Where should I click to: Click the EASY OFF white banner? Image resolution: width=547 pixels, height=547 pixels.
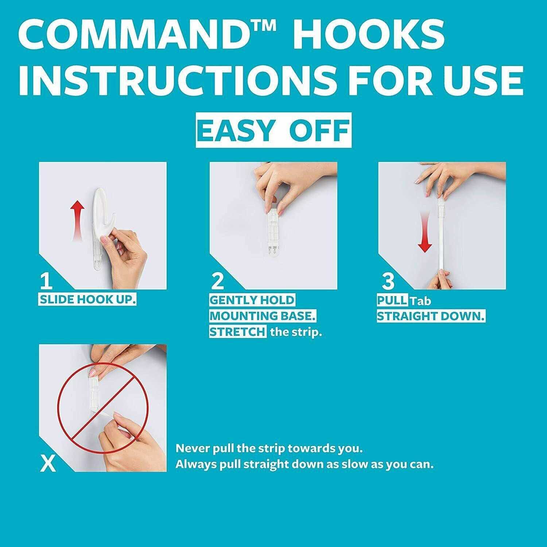pyautogui.click(x=273, y=130)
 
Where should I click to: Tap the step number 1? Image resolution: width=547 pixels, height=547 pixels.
pyautogui.click(x=46, y=281)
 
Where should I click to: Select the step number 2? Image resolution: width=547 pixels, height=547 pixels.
pyautogui.click(x=218, y=281)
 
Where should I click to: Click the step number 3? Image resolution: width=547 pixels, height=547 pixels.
pyautogui.click(x=388, y=281)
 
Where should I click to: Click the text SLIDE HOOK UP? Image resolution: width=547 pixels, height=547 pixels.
pyautogui.click(x=88, y=300)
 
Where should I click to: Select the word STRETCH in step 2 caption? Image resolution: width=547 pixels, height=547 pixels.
pyautogui.click(x=237, y=332)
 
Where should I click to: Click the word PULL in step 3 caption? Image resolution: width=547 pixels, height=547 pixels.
pyautogui.click(x=392, y=300)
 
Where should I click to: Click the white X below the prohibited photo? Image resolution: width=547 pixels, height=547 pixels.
pyautogui.click(x=48, y=465)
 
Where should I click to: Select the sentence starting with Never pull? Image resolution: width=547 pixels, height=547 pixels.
pyautogui.click(x=269, y=448)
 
